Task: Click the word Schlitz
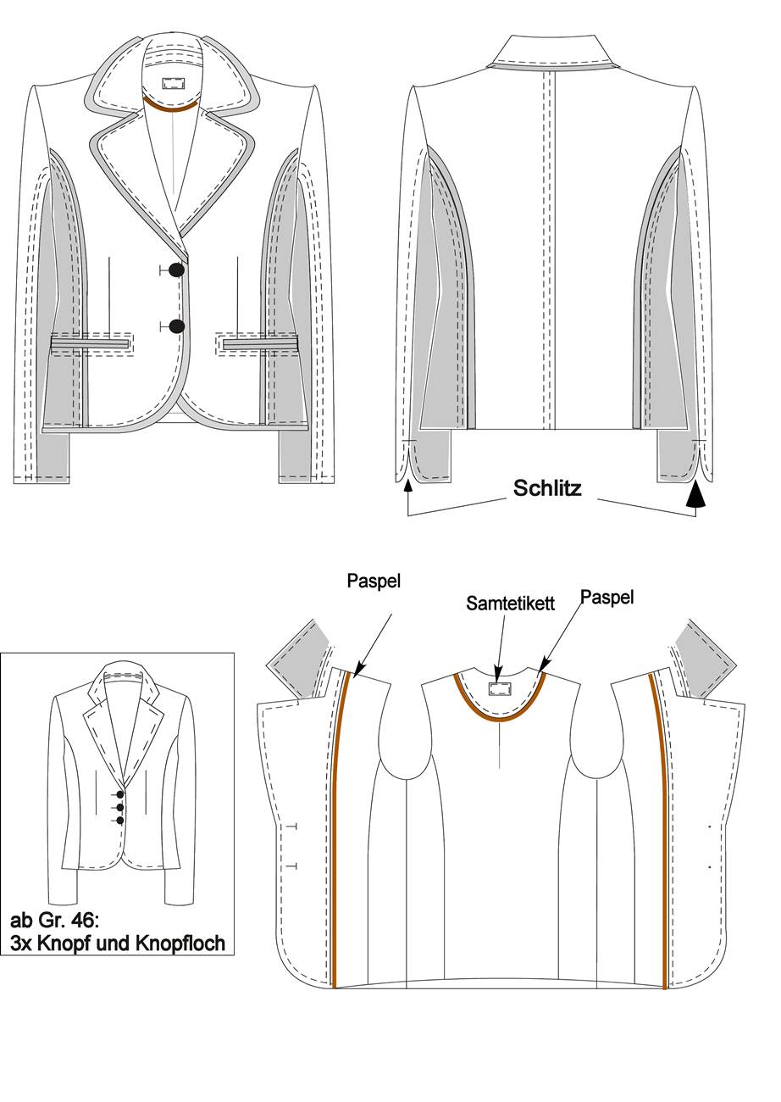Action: (x=547, y=488)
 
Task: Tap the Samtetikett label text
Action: (x=510, y=604)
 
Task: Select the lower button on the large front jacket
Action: (x=176, y=326)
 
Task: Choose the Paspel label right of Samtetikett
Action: (x=607, y=598)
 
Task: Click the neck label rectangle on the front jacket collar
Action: (x=172, y=83)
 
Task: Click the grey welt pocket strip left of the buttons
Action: (x=91, y=342)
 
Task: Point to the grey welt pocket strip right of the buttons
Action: (x=260, y=342)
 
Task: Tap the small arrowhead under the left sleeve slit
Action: (x=407, y=487)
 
